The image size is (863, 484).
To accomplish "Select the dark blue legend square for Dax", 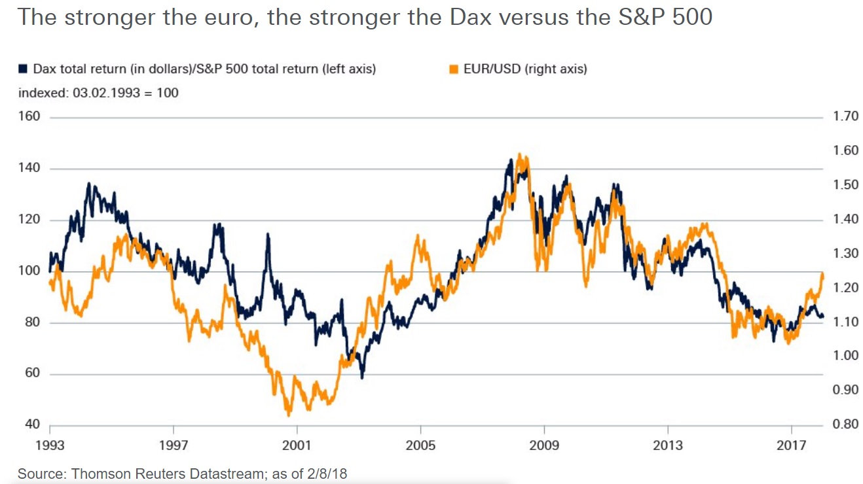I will tap(24, 68).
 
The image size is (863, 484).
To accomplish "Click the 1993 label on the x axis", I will tap(50, 446).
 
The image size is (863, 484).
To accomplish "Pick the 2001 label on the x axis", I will tap(297, 446).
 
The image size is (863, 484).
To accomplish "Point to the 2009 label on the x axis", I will tap(544, 446).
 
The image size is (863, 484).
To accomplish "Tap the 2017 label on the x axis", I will tap(792, 446).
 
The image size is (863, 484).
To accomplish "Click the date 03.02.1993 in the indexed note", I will tap(106, 93).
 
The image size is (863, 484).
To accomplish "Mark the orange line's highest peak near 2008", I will tap(519, 154).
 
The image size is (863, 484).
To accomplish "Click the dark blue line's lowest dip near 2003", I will tap(362, 378).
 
